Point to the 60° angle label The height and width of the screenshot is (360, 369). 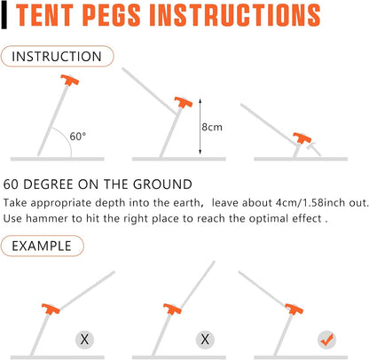pos(78,137)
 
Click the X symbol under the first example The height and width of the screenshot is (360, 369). pos(84,339)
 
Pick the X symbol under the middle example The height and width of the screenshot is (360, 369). pos(205,339)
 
